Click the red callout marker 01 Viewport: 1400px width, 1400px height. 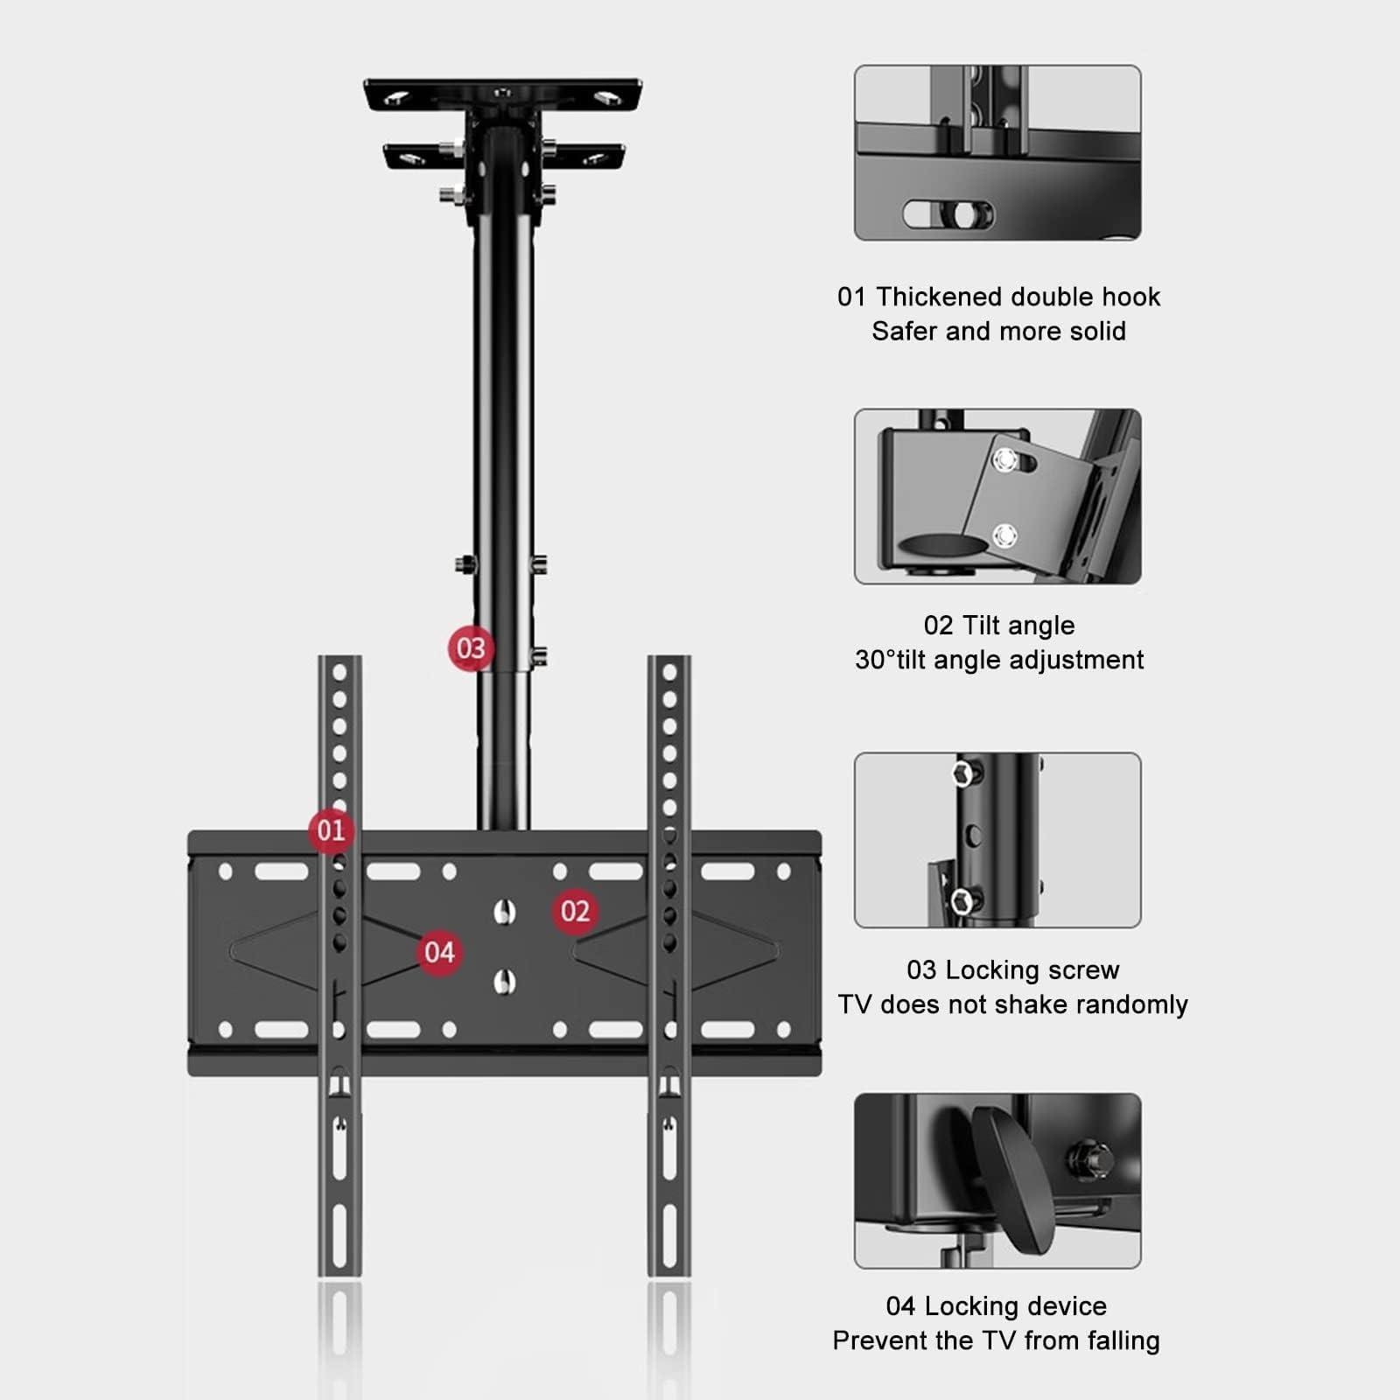(331, 829)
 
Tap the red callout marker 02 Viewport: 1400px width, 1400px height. (575, 911)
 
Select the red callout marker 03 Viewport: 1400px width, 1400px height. (471, 648)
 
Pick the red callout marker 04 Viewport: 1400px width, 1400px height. (439, 952)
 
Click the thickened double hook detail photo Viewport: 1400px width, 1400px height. (997, 152)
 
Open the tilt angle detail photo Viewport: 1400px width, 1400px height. (997, 496)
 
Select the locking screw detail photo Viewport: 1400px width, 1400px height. (997, 840)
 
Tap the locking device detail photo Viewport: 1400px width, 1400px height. (997, 1180)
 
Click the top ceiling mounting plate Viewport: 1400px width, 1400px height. (503, 94)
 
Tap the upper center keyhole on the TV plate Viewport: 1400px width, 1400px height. (503, 912)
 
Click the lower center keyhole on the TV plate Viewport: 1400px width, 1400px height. (503, 982)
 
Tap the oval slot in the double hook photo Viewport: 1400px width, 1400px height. (948, 213)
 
